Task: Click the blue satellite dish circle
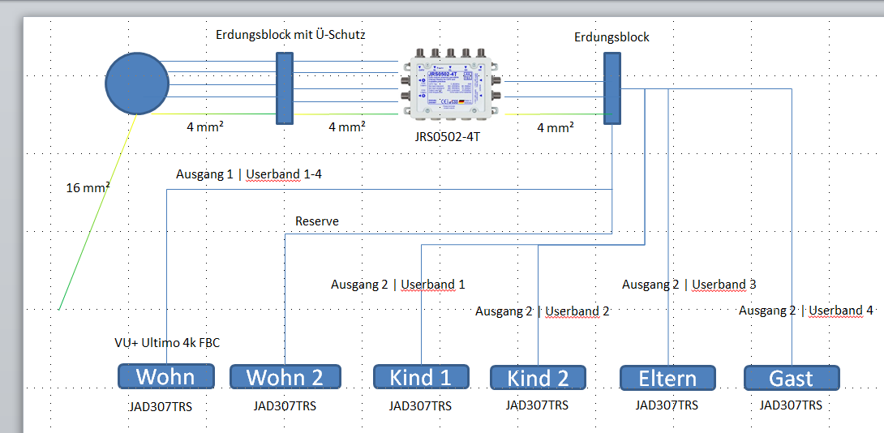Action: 137,84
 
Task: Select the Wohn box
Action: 166,376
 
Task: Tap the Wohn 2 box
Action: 285,377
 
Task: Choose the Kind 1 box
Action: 421,377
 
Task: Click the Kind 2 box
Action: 539,378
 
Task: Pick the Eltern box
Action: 667,378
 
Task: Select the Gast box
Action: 791,378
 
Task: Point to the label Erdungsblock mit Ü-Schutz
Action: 290,35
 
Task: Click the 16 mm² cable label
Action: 88,188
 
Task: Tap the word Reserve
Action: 317,221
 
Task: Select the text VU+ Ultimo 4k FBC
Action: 167,343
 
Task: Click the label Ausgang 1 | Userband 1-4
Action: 249,174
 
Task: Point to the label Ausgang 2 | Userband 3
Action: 689,285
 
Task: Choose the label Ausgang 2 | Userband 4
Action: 806,311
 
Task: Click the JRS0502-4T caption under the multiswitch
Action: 447,137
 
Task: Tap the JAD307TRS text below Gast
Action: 791,405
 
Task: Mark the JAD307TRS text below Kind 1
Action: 420,406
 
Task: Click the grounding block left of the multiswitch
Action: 284,88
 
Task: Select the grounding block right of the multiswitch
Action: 612,88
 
